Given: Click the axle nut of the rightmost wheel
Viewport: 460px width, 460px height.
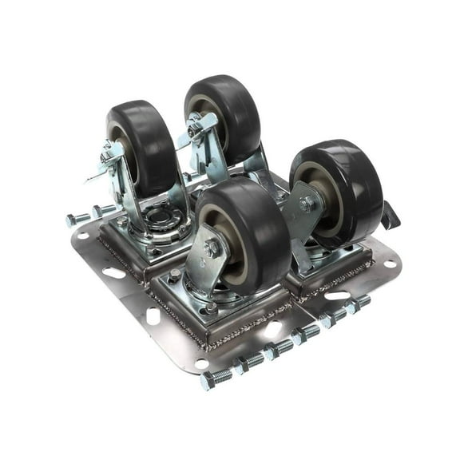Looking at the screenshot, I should coord(307,204).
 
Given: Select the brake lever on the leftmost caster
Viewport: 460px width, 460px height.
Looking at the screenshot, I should coord(100,171).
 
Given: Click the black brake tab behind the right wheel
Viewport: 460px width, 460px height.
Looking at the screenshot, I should coord(391,214).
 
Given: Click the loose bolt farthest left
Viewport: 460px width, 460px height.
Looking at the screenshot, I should coord(77,219).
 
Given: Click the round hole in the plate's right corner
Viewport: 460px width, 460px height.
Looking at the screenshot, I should coord(389,264).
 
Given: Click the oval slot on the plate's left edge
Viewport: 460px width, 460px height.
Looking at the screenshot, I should coord(114,272).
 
